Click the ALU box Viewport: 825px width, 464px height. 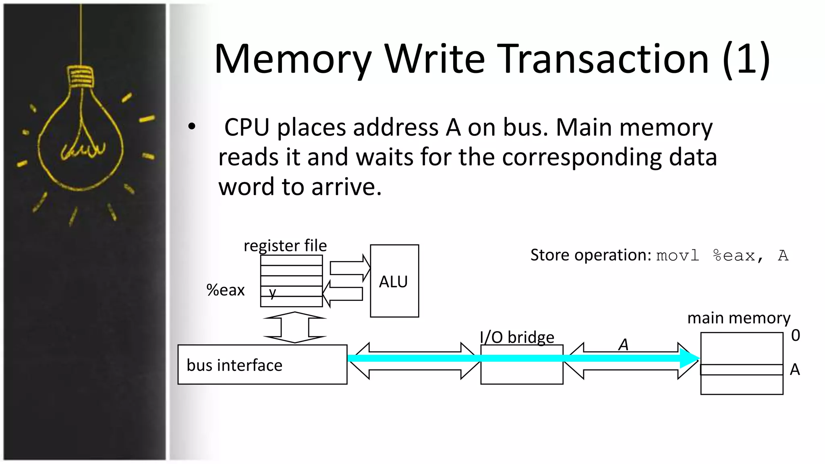[x=394, y=281]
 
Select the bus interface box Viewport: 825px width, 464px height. [x=262, y=365]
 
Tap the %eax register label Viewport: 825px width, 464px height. [x=225, y=290]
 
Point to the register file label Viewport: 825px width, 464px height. [x=285, y=245]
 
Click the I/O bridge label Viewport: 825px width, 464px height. [x=517, y=337]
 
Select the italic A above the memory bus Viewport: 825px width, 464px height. [x=623, y=345]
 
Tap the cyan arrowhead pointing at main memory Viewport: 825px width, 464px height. [x=689, y=358]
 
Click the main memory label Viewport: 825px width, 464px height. [x=738, y=318]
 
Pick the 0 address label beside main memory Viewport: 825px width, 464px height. [x=795, y=335]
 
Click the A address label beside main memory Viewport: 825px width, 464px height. [x=794, y=369]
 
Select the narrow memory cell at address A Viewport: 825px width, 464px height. [x=742, y=370]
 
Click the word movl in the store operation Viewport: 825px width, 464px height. [x=678, y=256]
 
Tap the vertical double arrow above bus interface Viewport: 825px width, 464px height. [x=295, y=327]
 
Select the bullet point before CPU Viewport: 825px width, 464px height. [x=192, y=127]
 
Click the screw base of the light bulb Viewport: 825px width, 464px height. [x=81, y=77]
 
